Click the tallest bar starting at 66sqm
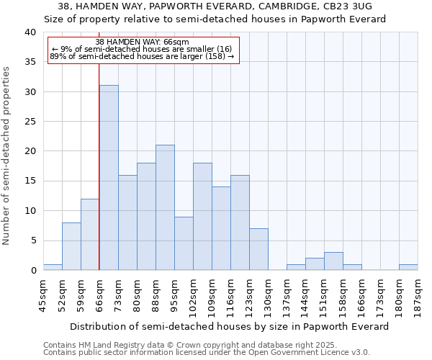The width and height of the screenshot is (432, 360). [109, 178]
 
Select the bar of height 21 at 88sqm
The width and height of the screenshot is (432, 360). [165, 207]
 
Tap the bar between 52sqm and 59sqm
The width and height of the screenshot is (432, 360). [71, 246]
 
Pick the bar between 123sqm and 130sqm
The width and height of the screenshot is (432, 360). [258, 249]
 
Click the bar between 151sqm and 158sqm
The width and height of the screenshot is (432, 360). [333, 261]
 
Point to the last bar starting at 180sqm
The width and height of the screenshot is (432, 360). [408, 267]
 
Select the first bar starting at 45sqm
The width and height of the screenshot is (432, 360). [53, 267]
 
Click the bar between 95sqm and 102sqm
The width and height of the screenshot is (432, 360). [184, 243]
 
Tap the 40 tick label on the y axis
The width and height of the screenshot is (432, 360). [30, 32]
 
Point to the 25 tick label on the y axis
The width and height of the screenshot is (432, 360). [30, 122]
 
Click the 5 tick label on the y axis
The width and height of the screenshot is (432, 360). [32, 240]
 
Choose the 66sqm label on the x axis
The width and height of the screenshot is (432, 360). [99, 293]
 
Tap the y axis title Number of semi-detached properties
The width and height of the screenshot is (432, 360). [7, 156]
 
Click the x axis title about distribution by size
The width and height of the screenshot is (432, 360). [230, 326]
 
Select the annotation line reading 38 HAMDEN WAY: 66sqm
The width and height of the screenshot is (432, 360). [142, 42]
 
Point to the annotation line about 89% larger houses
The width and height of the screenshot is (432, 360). [142, 56]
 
